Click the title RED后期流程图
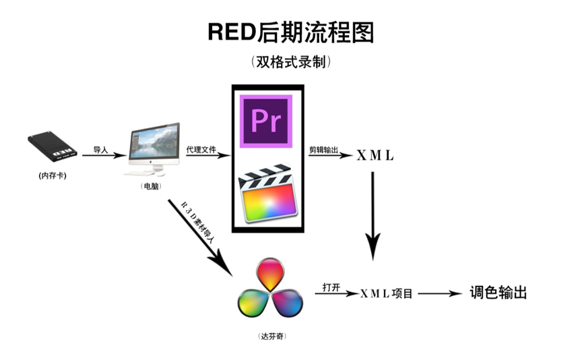pos(290,32)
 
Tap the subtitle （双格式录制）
pos(290,63)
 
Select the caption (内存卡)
pos(53,176)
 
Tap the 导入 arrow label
pos(101,149)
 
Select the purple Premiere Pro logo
pos(266,121)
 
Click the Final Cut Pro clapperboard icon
pos(266,195)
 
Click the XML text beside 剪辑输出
pos(375,156)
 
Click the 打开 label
pos(331,287)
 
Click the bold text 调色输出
pos(498,293)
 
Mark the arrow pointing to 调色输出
pos(439,294)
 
